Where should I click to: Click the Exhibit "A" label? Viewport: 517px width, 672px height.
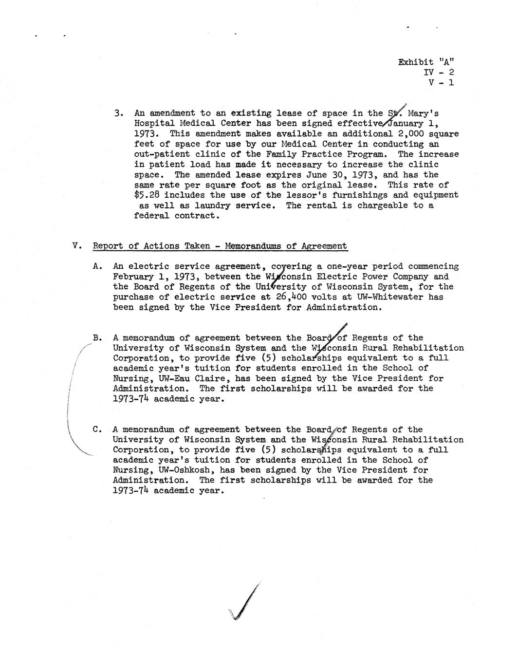point(426,62)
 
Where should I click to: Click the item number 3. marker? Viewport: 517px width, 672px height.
point(118,113)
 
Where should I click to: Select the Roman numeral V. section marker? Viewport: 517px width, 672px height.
point(76,246)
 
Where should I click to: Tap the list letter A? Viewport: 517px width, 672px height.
point(97,266)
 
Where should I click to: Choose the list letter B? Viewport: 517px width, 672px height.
point(97,337)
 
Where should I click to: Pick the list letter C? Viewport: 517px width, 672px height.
point(97,429)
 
